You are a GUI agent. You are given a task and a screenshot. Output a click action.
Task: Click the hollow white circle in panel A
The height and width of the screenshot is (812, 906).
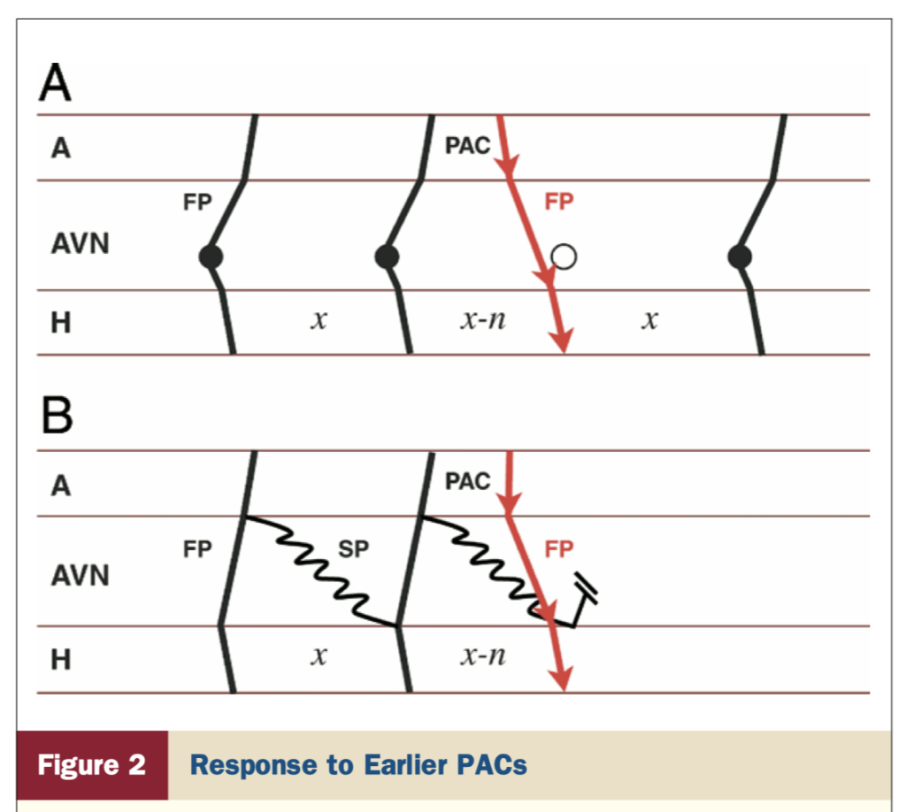[x=564, y=257]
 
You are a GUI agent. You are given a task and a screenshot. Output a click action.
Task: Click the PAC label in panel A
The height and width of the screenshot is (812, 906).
[x=467, y=146]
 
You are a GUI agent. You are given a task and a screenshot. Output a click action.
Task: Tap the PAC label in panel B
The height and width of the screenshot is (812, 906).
[x=467, y=482]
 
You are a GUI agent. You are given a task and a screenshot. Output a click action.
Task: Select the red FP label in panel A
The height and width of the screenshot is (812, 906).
[x=559, y=202]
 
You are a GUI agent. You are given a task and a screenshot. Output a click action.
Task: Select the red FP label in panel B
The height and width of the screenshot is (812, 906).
[x=559, y=548]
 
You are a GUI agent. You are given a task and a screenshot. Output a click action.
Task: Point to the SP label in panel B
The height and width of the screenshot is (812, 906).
[x=353, y=548]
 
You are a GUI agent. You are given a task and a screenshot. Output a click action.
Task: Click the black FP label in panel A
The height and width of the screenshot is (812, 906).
[x=197, y=203]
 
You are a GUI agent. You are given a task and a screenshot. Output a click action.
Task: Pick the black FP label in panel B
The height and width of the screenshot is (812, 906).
[x=197, y=548]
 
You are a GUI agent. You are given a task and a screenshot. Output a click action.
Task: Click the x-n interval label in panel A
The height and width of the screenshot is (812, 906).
[x=483, y=318]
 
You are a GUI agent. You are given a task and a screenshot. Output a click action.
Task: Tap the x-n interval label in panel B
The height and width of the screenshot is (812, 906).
[x=483, y=655]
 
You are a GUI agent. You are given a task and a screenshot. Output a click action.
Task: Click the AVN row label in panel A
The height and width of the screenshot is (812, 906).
[x=80, y=243]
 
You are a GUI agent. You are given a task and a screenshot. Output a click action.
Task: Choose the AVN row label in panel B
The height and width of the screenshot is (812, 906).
[x=80, y=576]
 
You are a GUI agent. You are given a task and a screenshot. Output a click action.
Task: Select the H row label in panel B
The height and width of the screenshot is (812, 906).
[x=61, y=660]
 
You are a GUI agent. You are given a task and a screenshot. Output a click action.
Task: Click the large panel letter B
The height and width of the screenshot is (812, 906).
[x=58, y=415]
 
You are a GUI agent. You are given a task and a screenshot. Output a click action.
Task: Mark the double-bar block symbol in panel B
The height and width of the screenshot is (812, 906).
[x=586, y=589]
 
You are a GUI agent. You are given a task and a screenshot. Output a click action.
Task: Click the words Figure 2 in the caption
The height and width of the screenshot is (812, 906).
[x=91, y=764]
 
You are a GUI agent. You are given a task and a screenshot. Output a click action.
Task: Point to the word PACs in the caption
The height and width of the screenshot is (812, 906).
[x=491, y=764]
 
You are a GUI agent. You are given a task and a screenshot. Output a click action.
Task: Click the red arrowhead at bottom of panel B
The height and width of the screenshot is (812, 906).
[x=561, y=678]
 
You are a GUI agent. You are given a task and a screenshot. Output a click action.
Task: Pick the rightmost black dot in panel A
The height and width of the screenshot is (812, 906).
[x=740, y=257]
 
